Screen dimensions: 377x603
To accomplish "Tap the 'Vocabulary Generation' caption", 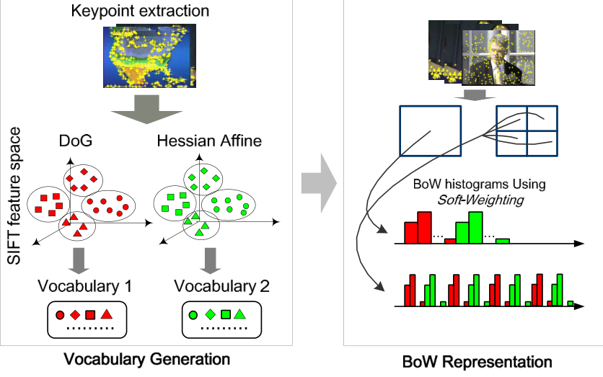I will point(146,358).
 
